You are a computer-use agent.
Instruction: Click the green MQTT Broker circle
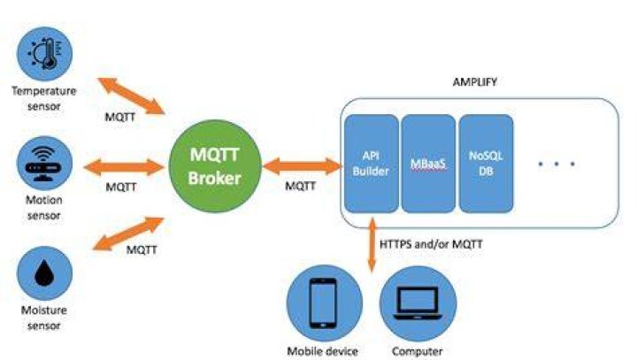click(214, 166)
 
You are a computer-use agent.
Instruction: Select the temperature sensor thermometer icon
click(44, 54)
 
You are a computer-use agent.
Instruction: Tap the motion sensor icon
click(44, 163)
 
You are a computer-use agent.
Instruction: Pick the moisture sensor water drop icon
click(44, 273)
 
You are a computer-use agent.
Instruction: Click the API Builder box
click(371, 164)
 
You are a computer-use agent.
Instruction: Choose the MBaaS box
click(428, 164)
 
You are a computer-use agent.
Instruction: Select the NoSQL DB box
click(486, 164)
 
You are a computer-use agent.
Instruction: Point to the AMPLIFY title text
click(474, 82)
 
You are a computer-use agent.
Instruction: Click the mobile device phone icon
click(324, 303)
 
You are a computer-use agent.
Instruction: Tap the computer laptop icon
click(418, 303)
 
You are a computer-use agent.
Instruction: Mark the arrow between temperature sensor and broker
click(131, 96)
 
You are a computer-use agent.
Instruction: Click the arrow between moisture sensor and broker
click(128, 234)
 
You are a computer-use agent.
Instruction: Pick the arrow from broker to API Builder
click(303, 166)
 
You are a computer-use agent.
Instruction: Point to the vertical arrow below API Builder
click(372, 245)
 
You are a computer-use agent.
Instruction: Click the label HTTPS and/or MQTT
click(431, 244)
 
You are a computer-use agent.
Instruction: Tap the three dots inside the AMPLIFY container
click(556, 164)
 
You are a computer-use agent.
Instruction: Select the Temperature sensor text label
click(44, 98)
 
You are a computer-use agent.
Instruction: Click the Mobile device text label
click(323, 351)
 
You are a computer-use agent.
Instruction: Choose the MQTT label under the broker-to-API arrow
click(300, 186)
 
